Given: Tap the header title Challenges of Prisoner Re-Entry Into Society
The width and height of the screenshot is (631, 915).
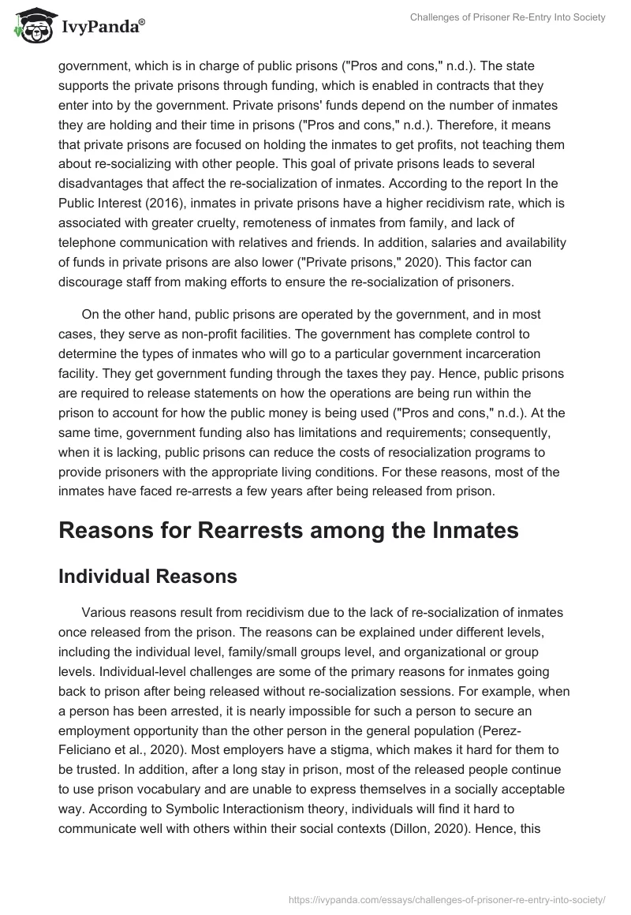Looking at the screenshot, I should point(508,17).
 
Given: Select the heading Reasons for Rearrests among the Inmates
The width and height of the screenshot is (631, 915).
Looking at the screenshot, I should point(289,530).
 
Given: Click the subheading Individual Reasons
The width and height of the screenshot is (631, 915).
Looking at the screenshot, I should point(147,577).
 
